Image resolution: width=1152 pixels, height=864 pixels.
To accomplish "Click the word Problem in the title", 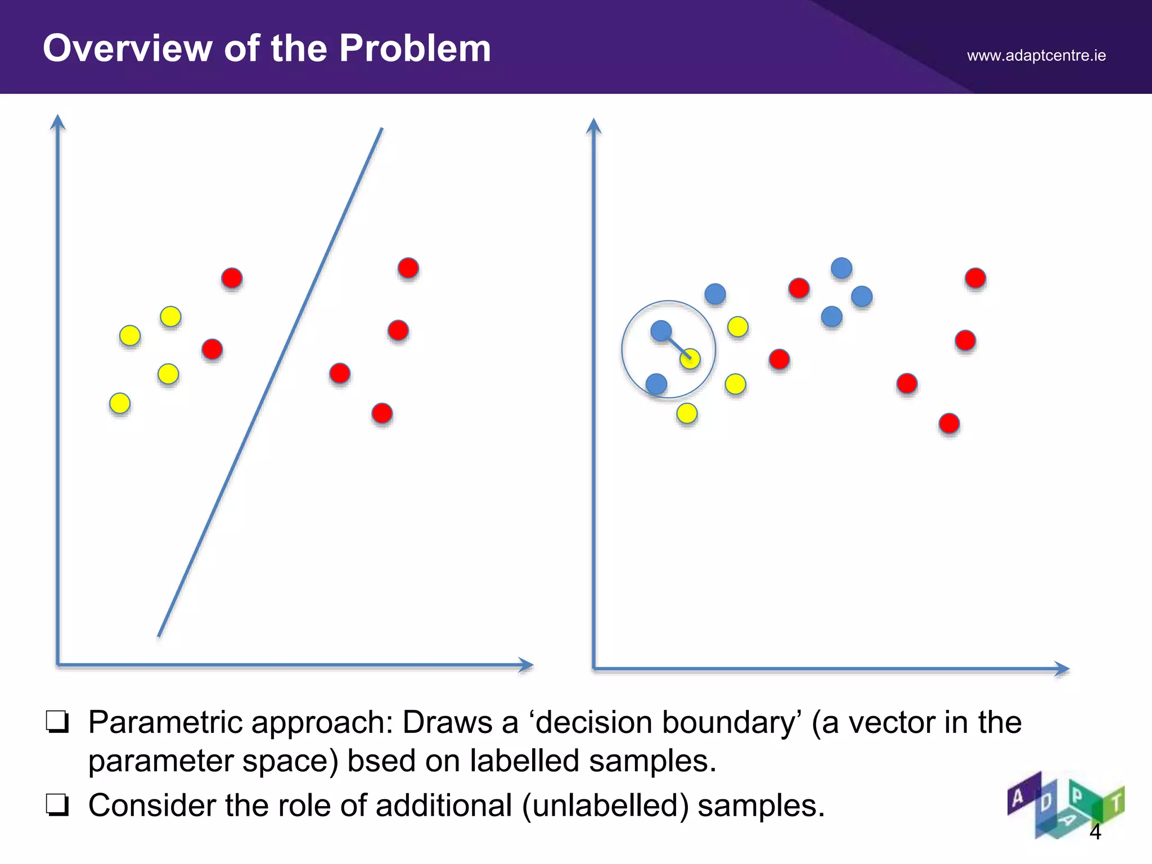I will pos(415,48).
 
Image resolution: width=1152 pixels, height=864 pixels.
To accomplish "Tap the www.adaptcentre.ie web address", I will pos(1036,56).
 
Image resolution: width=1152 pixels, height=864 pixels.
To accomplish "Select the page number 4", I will pos(1095,831).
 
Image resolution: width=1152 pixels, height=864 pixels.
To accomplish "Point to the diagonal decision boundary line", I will pos(270,382).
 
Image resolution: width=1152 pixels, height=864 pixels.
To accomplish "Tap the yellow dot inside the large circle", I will pos(690,359).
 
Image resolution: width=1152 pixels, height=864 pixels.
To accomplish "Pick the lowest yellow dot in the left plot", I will pos(120,403).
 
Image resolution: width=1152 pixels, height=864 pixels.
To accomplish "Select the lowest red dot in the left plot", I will pos(382,413).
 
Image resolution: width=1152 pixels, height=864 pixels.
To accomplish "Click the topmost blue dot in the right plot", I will pos(841,268).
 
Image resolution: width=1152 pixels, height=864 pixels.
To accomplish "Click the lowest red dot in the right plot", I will pos(949,423).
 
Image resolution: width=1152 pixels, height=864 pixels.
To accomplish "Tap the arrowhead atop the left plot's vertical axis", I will pos(57,122).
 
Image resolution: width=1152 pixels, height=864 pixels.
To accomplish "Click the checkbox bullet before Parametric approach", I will pos(57,722).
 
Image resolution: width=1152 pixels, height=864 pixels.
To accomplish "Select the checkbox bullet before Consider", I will pos(57,805).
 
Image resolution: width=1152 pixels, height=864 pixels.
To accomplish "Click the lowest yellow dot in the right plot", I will pos(687,413).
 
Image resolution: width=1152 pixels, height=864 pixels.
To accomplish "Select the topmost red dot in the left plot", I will pos(408,268).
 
